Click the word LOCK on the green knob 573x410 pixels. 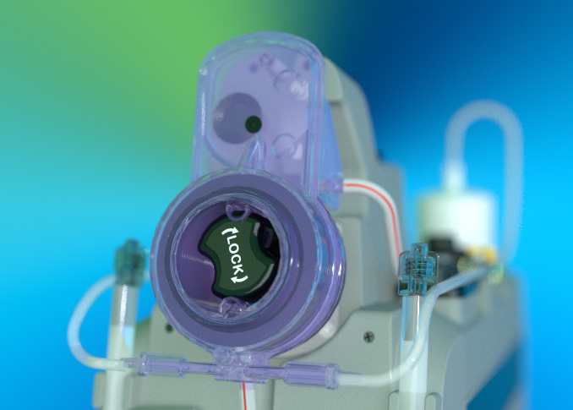[x=234, y=254]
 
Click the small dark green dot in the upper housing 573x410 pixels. [x=254, y=123]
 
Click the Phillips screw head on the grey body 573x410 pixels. [x=369, y=336]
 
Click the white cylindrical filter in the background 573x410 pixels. [x=457, y=219]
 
